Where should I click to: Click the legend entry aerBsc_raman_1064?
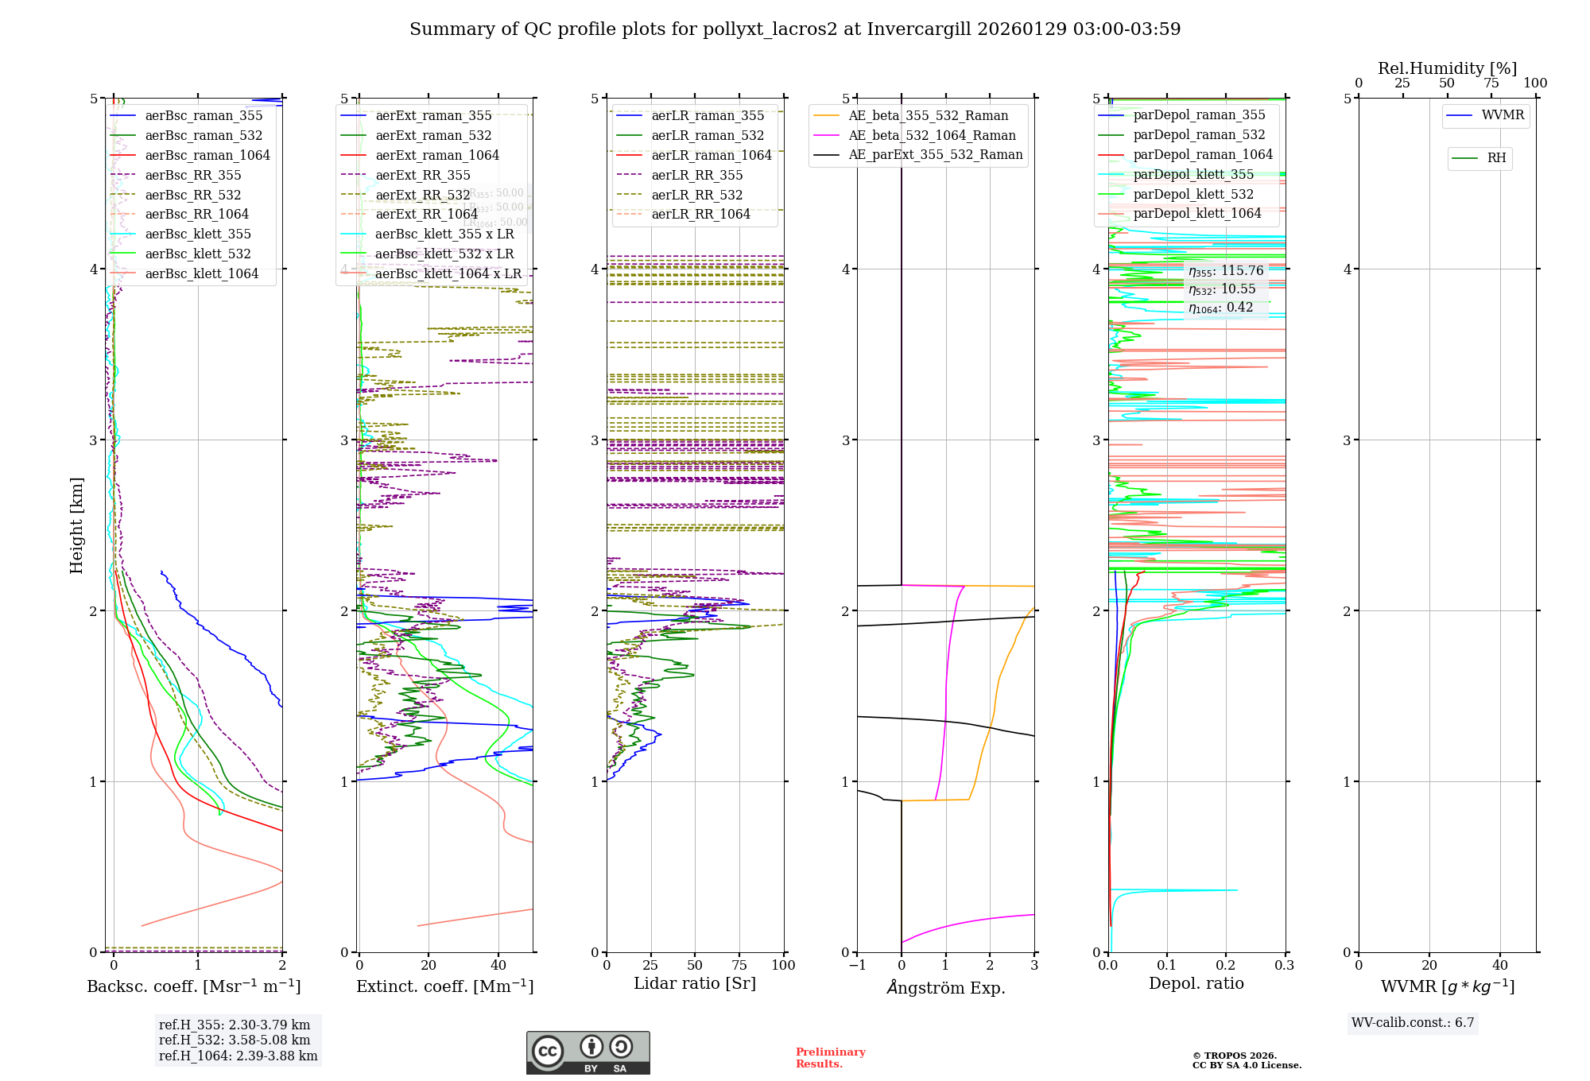pyautogui.click(x=207, y=155)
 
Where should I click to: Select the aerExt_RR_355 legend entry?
pyautogui.click(x=422, y=175)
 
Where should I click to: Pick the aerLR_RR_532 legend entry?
pyautogui.click(x=696, y=195)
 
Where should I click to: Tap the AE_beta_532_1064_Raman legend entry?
pyautogui.click(x=932, y=135)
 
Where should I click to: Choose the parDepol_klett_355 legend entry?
pyautogui.click(x=1192, y=174)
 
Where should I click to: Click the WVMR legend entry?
pyautogui.click(x=1503, y=115)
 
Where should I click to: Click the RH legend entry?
pyautogui.click(x=1496, y=158)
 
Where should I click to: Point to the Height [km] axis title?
pyautogui.click(x=76, y=525)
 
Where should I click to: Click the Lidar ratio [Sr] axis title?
pyautogui.click(x=694, y=983)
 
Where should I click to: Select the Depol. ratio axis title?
pyautogui.click(x=1196, y=983)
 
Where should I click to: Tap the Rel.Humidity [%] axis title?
pyautogui.click(x=1447, y=68)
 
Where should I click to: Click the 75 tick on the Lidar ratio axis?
pyautogui.click(x=739, y=965)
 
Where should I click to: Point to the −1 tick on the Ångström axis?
pyautogui.click(x=857, y=965)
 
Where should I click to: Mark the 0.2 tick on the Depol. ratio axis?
pyautogui.click(x=1226, y=965)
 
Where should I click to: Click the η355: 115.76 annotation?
pyautogui.click(x=1226, y=271)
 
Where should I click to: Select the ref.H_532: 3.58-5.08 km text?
pyautogui.click(x=235, y=1040)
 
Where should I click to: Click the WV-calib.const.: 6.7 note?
pyautogui.click(x=1413, y=1022)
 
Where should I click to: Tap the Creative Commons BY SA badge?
pyautogui.click(x=588, y=1052)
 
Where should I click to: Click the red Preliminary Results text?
pyautogui.click(x=830, y=1057)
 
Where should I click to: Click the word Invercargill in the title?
pyautogui.click(x=919, y=29)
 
